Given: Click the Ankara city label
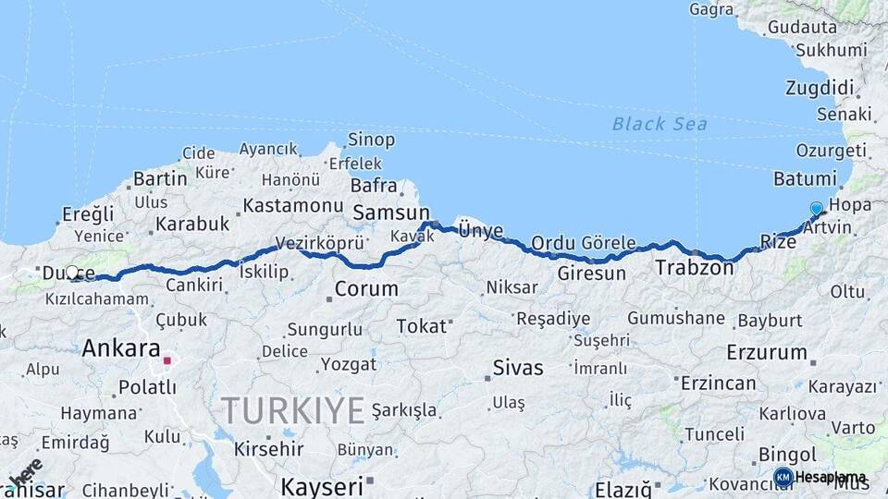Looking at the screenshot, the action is pyautogui.click(x=121, y=348).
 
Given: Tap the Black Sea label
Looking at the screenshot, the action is pyautogui.click(x=660, y=124).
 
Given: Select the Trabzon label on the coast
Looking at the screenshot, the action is pyautogui.click(x=694, y=268).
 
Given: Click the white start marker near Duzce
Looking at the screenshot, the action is pyautogui.click(x=72, y=273).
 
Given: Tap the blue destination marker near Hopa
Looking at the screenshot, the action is pyautogui.click(x=816, y=209).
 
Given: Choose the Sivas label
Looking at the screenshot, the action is pyautogui.click(x=518, y=367).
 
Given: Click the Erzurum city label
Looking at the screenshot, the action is pyautogui.click(x=767, y=352).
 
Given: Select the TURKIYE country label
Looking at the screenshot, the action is pyautogui.click(x=292, y=410).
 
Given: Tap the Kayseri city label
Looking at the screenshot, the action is pyautogui.click(x=322, y=486).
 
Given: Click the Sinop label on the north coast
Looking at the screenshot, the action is pyautogui.click(x=371, y=140).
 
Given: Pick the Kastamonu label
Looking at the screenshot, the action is pyautogui.click(x=293, y=205).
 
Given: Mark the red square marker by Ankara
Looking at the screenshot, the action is pyautogui.click(x=167, y=360).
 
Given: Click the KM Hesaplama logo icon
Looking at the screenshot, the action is pyautogui.click(x=783, y=477).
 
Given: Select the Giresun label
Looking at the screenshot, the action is pyautogui.click(x=591, y=274).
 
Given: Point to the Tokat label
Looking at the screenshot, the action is pyautogui.click(x=422, y=326).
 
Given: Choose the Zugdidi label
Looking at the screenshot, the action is pyautogui.click(x=820, y=88).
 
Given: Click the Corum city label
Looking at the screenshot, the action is pyautogui.click(x=366, y=288).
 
